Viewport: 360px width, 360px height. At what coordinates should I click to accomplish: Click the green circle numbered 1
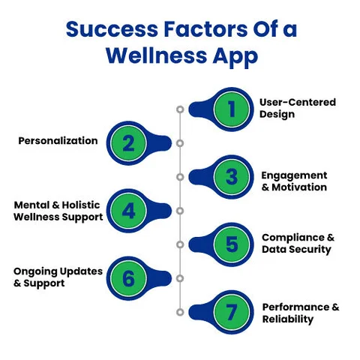click(x=232, y=108)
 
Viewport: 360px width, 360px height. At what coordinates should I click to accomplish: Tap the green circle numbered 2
click(x=128, y=142)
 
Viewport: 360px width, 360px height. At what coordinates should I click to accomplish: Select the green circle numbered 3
click(x=232, y=176)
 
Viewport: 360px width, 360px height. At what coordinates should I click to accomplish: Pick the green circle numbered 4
click(x=128, y=211)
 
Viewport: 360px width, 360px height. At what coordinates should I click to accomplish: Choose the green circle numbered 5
click(x=232, y=244)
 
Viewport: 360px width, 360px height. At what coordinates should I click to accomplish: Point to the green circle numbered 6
click(x=128, y=278)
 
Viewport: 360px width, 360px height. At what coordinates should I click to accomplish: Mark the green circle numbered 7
click(x=232, y=312)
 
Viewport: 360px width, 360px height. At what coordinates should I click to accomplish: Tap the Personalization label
click(x=58, y=140)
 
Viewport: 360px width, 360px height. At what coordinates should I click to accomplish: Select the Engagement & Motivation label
click(x=294, y=181)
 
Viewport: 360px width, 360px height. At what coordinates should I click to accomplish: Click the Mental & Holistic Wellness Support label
click(x=58, y=211)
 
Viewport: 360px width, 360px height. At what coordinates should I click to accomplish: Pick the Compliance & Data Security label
click(x=298, y=243)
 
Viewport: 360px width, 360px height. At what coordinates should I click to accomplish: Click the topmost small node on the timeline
click(x=180, y=109)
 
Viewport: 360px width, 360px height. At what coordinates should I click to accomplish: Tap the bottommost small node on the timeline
click(x=180, y=312)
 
